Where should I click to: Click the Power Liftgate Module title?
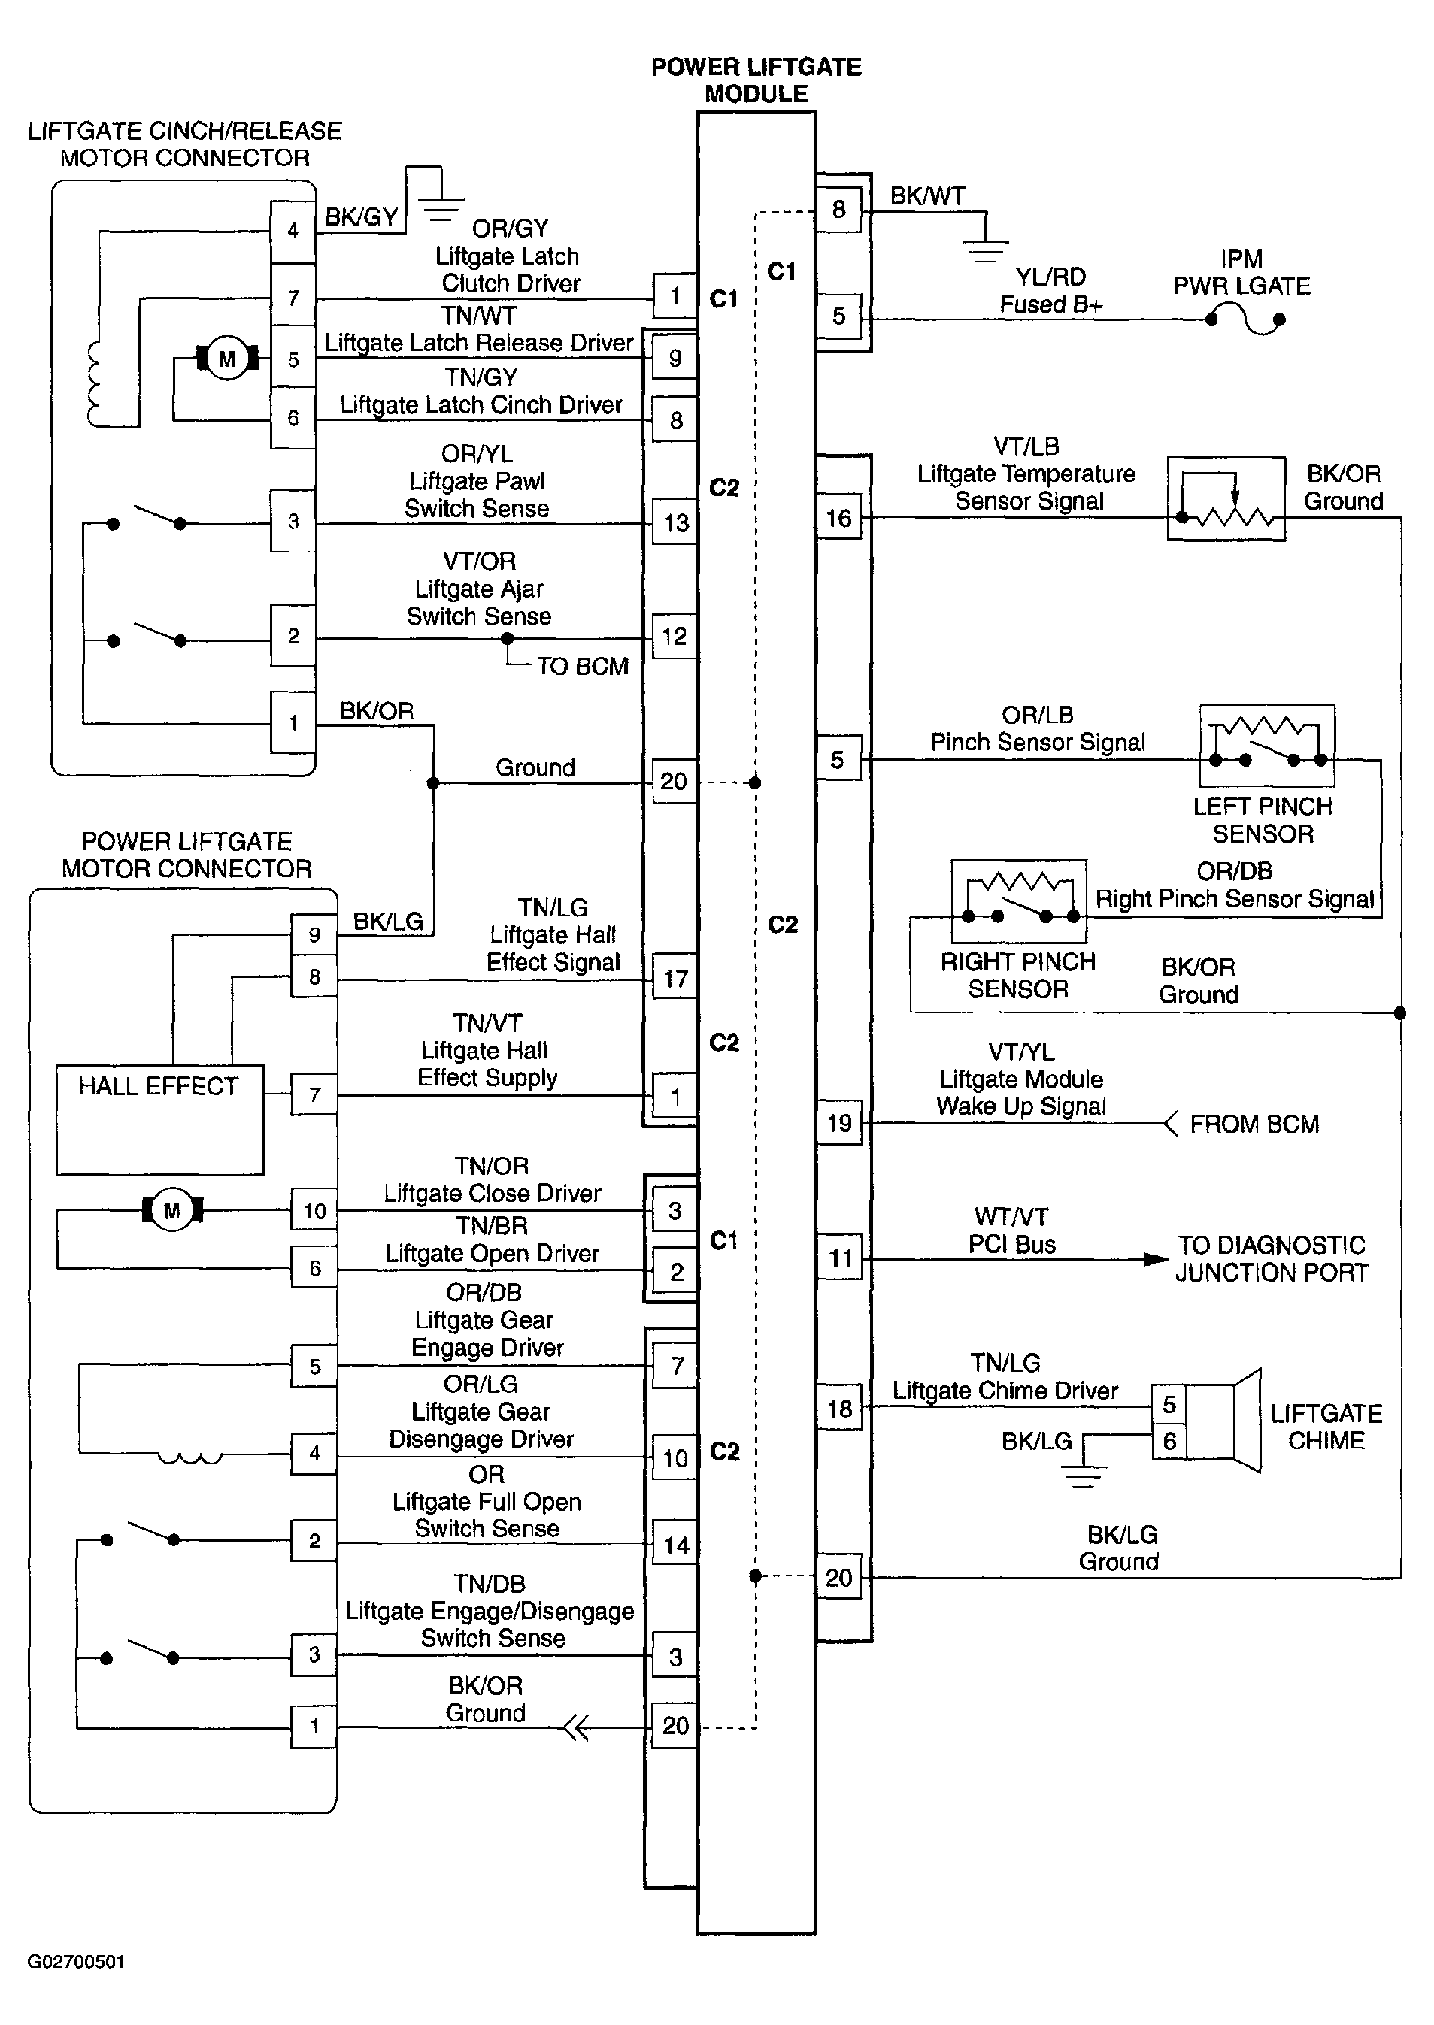coord(756,80)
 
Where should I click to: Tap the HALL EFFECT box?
coord(160,1120)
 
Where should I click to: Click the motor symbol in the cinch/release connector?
coord(227,359)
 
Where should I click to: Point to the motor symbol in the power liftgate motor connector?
coord(172,1209)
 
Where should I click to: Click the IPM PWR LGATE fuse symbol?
coord(1246,319)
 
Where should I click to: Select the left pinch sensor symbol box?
coord(1266,745)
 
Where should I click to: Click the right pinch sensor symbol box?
coord(1018,901)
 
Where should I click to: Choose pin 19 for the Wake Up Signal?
coord(839,1123)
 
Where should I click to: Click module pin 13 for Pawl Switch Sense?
coord(675,522)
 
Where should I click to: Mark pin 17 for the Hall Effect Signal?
coord(675,977)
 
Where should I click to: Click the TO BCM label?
coord(583,667)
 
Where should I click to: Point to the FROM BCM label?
coord(1254,1124)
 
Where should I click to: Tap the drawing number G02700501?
coord(76,1961)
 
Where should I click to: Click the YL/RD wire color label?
coord(1050,277)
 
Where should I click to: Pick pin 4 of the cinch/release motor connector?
coord(293,231)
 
